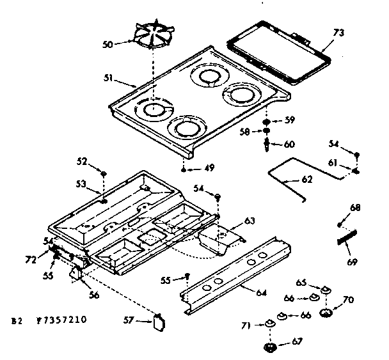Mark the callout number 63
point(248,221)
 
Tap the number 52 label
point(82,160)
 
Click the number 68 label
point(356,207)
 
